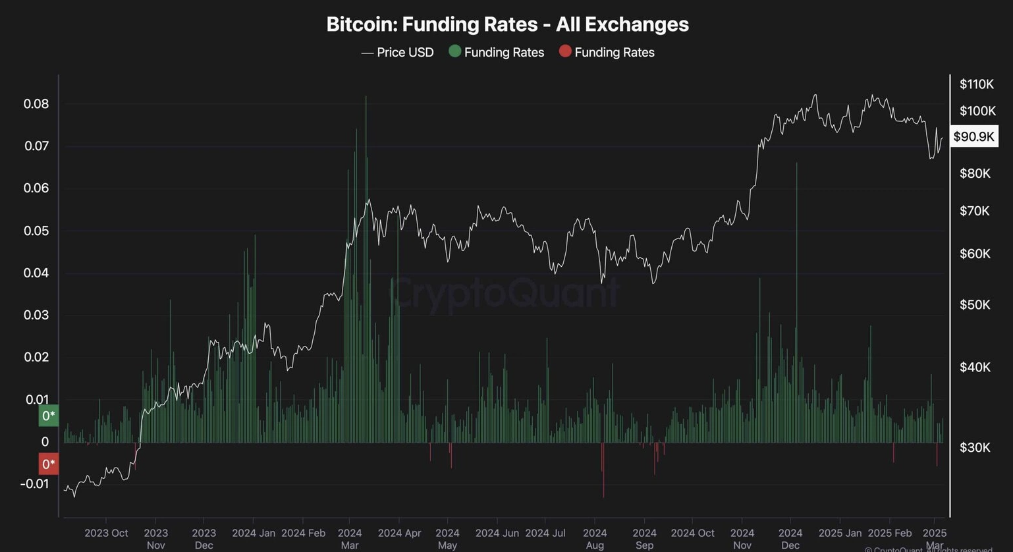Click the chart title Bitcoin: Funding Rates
[x=507, y=24]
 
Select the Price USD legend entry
[x=397, y=53]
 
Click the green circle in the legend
[x=454, y=51]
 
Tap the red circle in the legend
[x=565, y=51]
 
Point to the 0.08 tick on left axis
[x=36, y=104]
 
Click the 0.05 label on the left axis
[x=36, y=231]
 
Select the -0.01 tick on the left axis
[x=34, y=484]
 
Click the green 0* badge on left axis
[x=49, y=416]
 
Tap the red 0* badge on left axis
[x=49, y=464]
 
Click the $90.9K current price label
[x=973, y=137]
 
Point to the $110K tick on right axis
[x=976, y=84]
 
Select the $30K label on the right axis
[x=975, y=448]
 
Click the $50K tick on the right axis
[x=975, y=305]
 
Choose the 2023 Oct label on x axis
[x=106, y=533]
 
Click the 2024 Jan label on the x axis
[x=254, y=533]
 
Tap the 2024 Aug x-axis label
[x=595, y=538]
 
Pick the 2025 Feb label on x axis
[x=890, y=533]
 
